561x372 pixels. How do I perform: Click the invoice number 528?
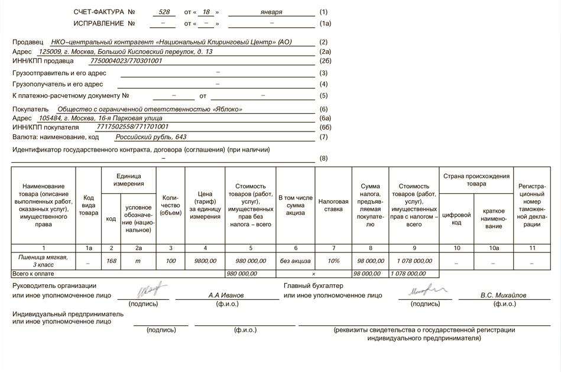pyautogui.click(x=164, y=12)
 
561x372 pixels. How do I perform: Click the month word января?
pyautogui.click(x=271, y=12)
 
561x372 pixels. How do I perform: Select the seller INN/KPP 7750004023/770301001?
pyautogui.click(x=126, y=61)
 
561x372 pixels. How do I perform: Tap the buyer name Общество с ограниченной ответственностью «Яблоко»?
pyautogui.click(x=150, y=110)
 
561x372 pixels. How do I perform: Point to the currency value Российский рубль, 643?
pyautogui.click(x=151, y=137)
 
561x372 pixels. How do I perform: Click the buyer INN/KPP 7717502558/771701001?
pyautogui.click(x=132, y=127)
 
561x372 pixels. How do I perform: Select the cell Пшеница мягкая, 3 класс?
pyautogui.click(x=43, y=261)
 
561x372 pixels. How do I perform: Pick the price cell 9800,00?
pyautogui.click(x=205, y=261)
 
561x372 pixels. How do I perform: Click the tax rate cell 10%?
pyautogui.click(x=333, y=261)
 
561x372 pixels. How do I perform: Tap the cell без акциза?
pyautogui.click(x=296, y=261)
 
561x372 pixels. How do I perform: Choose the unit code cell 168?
pyautogui.click(x=111, y=261)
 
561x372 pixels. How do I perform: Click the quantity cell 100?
pyautogui.click(x=171, y=261)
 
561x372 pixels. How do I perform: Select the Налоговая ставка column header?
pyautogui.click(x=333, y=205)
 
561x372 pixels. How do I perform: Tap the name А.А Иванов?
pyautogui.click(x=226, y=295)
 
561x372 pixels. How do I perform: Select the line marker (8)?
pyautogui.click(x=323, y=159)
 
